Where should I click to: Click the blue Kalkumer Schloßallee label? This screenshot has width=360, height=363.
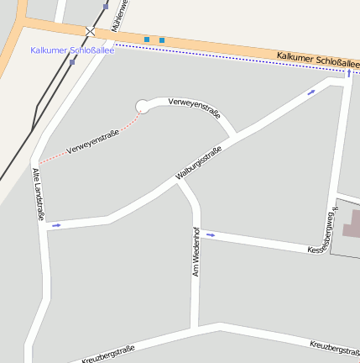point(72,50)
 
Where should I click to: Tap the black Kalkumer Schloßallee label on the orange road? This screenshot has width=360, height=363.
point(318,61)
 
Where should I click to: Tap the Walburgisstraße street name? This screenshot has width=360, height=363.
point(198,163)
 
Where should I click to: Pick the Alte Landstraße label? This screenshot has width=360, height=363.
point(38,194)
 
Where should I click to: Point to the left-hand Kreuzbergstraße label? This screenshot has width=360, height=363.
point(108,355)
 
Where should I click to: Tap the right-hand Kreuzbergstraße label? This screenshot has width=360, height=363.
point(334,346)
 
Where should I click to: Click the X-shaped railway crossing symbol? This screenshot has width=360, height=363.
point(90,31)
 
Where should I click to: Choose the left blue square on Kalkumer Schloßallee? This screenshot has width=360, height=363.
point(147,39)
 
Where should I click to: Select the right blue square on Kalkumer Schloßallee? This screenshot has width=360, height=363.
point(162,39)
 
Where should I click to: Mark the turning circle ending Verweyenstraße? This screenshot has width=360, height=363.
point(142,106)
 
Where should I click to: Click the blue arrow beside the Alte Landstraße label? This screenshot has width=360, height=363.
point(57,225)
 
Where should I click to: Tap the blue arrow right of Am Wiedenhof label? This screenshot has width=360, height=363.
point(210,234)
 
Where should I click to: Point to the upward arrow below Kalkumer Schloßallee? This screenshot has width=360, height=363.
point(349,74)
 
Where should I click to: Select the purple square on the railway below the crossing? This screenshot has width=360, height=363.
point(72,60)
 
